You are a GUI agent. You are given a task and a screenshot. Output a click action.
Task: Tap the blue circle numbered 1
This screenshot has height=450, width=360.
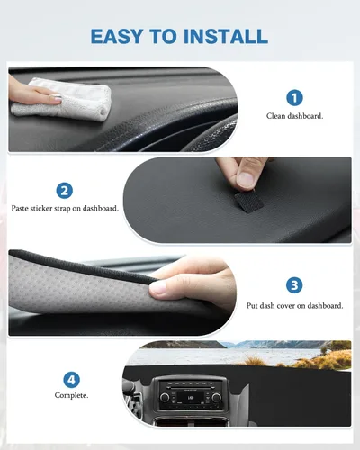294,97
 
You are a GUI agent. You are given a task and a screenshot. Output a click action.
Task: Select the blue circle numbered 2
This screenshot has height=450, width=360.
65,190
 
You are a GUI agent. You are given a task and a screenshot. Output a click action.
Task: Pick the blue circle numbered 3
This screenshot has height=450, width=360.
294,285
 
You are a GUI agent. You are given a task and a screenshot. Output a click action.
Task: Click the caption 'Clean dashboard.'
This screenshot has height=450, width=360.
294,116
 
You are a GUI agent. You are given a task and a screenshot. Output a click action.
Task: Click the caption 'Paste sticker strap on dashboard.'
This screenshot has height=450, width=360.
65,208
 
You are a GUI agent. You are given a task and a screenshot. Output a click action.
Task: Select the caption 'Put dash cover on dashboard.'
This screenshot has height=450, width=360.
294,306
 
